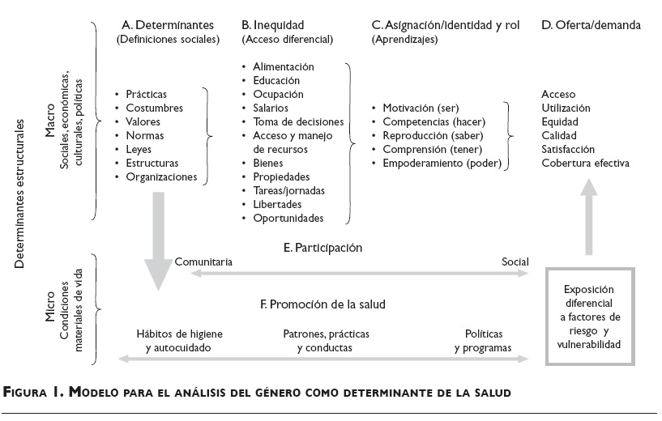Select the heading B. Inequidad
pos(280,25)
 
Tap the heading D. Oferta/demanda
pos(591,25)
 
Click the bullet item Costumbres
pos(154,108)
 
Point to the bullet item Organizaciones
pos(161,176)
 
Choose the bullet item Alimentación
pos(284,66)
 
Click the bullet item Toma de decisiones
pos(297,121)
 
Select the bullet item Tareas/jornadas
pos(288,190)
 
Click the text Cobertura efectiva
pos(585,163)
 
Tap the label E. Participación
pos(323,247)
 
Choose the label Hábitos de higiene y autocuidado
pos(180,341)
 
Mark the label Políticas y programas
pos(483,341)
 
